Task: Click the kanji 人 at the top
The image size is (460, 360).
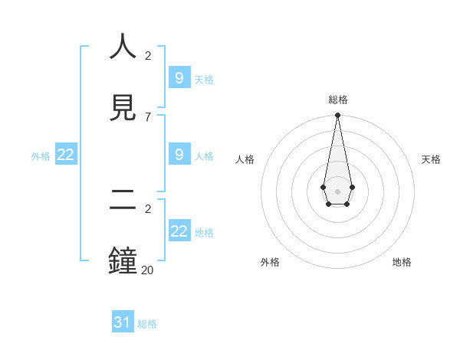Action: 123,47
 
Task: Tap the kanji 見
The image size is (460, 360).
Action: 123,107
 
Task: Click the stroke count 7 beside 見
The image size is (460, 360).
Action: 148,116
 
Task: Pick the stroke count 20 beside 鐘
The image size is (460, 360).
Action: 147,270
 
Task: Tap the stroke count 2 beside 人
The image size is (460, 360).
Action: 148,56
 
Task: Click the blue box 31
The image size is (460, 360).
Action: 123,322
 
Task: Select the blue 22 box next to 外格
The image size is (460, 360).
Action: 66,155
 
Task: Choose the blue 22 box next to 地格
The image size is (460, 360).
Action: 179,231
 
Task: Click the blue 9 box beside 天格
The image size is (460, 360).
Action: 179,78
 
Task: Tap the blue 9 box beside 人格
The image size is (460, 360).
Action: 179,155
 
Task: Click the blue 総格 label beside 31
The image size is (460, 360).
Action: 147,324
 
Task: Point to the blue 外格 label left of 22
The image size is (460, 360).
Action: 41,155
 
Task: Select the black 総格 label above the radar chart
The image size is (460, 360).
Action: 337,100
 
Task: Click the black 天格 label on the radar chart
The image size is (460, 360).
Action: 431,159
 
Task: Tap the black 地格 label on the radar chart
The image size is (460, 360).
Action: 402,262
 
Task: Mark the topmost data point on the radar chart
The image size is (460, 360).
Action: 337,115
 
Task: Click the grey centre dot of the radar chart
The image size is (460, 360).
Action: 337,190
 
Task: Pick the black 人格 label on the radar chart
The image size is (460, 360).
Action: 245,159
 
